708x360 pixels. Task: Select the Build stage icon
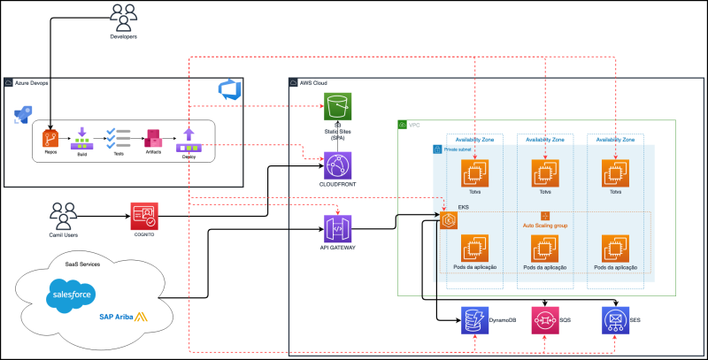[x=82, y=137]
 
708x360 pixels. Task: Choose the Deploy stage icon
[x=189, y=137]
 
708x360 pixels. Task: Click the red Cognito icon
[x=143, y=216]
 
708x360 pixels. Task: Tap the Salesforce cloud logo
[x=71, y=292]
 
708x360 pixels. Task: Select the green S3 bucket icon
[x=338, y=107]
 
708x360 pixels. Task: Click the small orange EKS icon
[x=448, y=220]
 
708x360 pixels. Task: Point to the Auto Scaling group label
[x=546, y=226]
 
